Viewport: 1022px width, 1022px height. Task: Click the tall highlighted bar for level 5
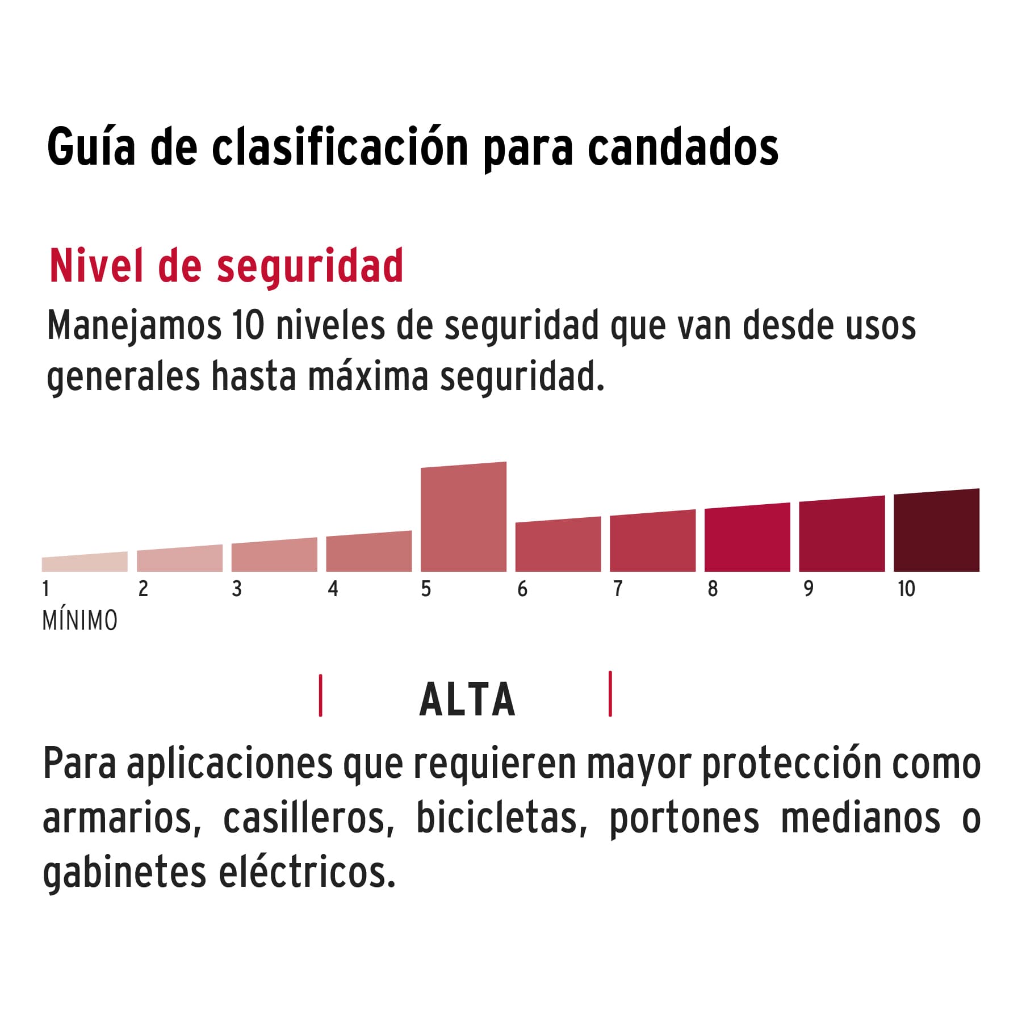[463, 517]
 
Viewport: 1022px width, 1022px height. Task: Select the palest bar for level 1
[85, 563]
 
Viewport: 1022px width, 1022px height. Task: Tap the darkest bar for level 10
[936, 531]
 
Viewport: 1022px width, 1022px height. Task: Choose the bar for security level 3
[274, 555]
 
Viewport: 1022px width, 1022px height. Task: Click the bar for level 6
[558, 545]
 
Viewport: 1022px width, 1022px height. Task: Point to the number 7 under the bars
[618, 589]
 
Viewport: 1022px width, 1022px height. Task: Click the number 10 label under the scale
[906, 589]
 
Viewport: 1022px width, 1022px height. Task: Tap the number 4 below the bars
[333, 589]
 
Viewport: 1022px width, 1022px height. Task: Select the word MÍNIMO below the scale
[80, 621]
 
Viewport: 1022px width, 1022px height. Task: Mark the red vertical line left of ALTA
[321, 696]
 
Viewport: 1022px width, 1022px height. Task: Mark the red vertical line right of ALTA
[610, 694]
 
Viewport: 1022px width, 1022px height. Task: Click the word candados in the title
[682, 148]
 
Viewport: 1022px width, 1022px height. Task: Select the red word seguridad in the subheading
[310, 267]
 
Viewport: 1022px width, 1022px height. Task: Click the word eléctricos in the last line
[307, 872]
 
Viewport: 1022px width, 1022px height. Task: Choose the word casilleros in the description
[308, 818]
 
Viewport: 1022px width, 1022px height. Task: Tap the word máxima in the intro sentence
[368, 376]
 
